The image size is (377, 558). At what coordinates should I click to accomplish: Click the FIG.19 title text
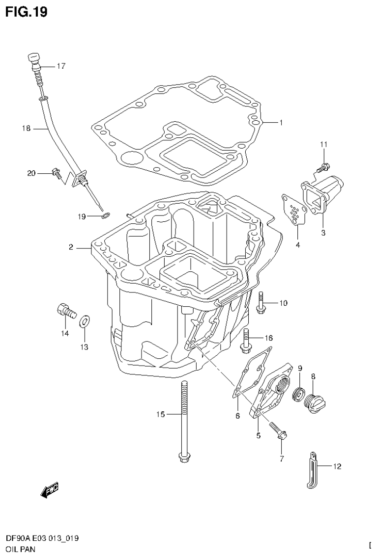click(27, 11)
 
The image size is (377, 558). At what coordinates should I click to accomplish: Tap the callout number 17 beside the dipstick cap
click(60, 66)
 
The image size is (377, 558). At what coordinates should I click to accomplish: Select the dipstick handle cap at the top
click(33, 59)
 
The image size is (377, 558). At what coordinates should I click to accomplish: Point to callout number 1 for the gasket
click(281, 123)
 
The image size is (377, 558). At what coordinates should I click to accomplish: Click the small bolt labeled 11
click(322, 167)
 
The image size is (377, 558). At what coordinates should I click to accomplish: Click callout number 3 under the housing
click(323, 233)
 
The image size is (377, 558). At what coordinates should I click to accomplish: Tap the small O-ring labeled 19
click(105, 215)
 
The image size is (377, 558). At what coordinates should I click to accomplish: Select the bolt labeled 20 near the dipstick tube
click(57, 172)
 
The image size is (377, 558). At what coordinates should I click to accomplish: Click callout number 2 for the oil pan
click(71, 247)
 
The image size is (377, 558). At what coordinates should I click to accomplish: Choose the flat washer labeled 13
click(84, 322)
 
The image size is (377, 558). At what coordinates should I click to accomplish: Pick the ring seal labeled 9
click(298, 394)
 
